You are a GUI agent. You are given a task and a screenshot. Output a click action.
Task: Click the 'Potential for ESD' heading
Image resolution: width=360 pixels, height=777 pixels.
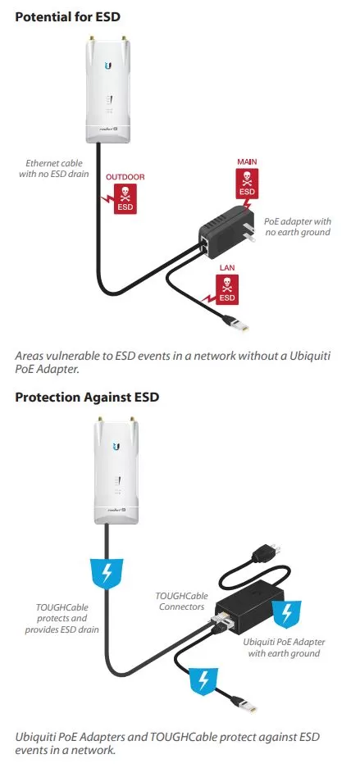point(68,17)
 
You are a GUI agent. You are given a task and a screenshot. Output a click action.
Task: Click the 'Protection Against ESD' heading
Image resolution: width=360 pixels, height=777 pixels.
point(87,397)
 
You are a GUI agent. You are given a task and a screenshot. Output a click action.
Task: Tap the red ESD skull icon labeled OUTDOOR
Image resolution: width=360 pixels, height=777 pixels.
point(125,198)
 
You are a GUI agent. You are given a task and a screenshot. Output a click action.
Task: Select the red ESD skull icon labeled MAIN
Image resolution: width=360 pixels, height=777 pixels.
point(247,184)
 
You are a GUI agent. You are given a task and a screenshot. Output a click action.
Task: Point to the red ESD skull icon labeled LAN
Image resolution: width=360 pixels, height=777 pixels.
point(226,289)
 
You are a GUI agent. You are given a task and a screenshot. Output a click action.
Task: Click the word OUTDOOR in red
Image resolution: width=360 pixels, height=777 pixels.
point(125,177)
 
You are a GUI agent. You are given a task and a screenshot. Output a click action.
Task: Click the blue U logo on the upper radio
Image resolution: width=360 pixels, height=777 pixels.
point(108,66)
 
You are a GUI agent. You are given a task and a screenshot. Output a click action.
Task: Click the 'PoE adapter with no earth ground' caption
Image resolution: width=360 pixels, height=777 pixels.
point(298,226)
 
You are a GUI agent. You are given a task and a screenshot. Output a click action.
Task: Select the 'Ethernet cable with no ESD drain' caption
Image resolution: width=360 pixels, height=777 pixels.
point(54,168)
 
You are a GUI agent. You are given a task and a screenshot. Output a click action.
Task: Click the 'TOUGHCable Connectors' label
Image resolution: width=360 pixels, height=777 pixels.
point(181,601)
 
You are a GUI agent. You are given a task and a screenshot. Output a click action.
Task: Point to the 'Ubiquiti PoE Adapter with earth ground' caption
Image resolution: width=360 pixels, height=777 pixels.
point(284,647)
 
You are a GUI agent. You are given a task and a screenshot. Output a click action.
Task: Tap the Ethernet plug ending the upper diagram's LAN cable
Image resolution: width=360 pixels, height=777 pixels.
point(236,324)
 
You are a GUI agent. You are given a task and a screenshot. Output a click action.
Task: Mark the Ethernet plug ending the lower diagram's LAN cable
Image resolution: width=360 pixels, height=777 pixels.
point(245,705)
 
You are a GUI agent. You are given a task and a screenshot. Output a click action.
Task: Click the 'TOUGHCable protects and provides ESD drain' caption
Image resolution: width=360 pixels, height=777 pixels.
point(62,618)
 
